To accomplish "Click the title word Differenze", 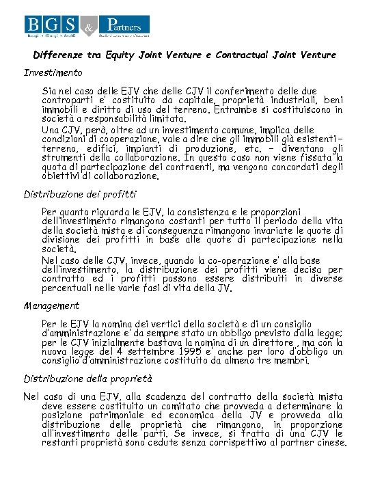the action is pos(59,55).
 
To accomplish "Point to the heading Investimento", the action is pos(53,72).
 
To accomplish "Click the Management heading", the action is pos(51,305).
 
